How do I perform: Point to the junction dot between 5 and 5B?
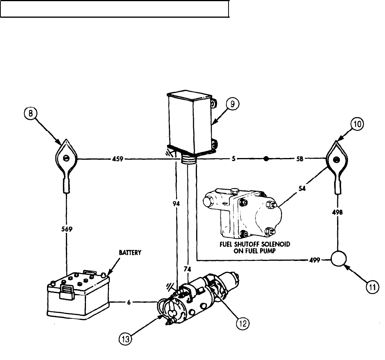click(266, 158)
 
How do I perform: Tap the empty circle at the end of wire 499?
click(338, 260)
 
